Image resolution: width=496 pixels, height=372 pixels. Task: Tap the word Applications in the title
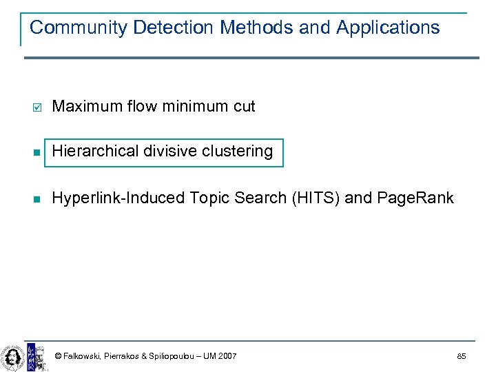[x=388, y=28]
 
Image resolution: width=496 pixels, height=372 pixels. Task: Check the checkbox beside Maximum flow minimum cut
[x=37, y=107]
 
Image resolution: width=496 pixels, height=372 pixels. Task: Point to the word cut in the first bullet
[x=244, y=106]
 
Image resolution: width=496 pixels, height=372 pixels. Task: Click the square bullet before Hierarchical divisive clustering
[x=37, y=152]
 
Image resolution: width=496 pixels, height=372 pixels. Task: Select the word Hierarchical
[x=93, y=151]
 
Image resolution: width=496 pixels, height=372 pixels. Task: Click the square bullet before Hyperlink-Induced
[x=37, y=199]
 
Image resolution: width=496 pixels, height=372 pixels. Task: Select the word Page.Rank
[x=415, y=198]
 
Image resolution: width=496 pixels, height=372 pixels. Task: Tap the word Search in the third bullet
[x=261, y=198]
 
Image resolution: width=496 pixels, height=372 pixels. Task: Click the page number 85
[x=461, y=356]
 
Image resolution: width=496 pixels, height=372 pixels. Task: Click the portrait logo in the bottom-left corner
[x=12, y=358]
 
